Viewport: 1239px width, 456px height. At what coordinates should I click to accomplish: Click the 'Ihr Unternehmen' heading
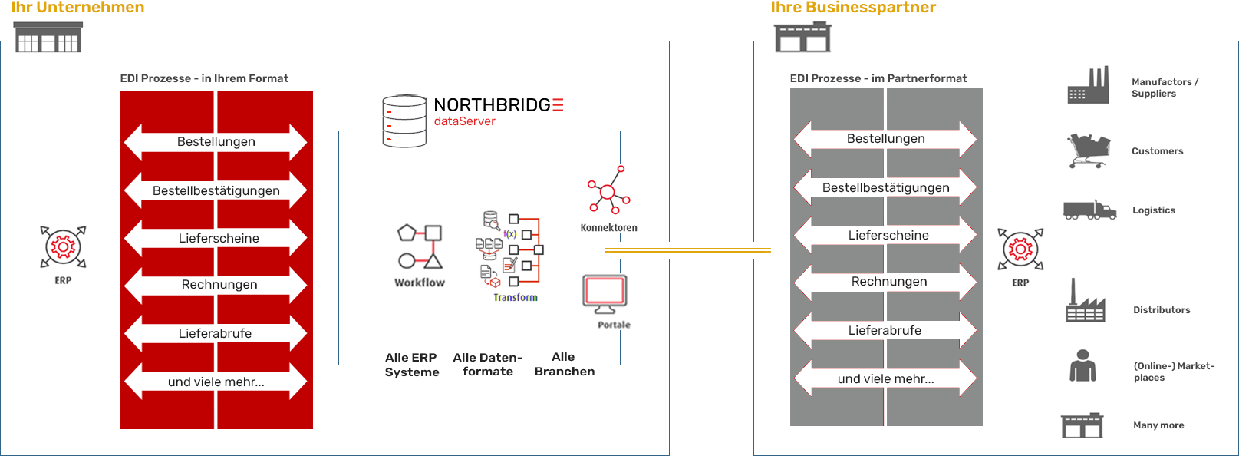pos(77,8)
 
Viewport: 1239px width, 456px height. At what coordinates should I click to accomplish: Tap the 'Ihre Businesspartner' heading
pos(853,8)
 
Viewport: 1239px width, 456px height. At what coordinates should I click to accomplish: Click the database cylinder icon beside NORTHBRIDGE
pos(404,121)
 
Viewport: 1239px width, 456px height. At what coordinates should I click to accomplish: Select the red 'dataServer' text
pos(465,121)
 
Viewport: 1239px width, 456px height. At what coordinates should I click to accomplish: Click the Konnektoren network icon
pos(608,190)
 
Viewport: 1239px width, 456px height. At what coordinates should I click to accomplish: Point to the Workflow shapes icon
pos(420,246)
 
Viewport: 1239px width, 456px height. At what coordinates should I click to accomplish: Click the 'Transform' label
pos(516,297)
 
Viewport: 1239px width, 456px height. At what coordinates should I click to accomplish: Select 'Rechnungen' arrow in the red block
pos(219,285)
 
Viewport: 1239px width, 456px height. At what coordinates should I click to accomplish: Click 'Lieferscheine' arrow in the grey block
pos(888,236)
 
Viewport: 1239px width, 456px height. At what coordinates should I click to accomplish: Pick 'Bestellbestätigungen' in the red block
pos(216,190)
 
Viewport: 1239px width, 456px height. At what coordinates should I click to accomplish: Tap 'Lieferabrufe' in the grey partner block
pos(885,331)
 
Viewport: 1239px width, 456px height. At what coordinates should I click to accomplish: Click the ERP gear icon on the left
pos(63,246)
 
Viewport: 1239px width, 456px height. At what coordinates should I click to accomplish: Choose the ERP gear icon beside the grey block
pos(1020,249)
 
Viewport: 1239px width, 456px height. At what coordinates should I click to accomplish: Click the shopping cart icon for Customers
pos(1088,150)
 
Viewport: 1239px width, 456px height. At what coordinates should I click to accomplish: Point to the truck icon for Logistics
pos(1089,210)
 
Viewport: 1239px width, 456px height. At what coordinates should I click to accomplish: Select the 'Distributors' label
pos(1162,310)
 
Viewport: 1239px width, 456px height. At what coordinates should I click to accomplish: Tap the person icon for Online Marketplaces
pos(1082,365)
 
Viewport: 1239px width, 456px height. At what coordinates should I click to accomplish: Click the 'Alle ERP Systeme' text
pos(412,365)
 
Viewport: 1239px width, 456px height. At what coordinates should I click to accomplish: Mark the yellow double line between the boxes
pos(687,250)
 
